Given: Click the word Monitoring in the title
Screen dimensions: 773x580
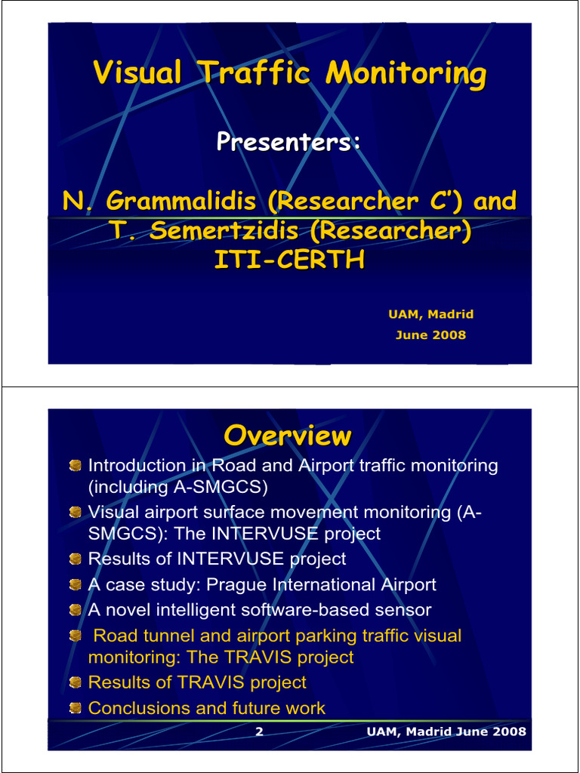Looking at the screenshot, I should pos(406,74).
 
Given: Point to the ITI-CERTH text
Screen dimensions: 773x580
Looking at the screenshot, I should pos(289,260).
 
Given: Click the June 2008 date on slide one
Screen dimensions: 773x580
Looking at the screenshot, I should pos(430,334).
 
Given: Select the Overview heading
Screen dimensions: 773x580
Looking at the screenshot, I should pos(288,436).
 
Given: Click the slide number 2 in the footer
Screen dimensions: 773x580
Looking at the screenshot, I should pos(259,731).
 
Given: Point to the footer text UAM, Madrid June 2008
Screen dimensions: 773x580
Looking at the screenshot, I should pos(446,731).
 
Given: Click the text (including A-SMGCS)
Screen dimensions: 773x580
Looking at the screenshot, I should pos(178,487).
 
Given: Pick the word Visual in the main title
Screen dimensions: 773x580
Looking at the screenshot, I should pos(137,74).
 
